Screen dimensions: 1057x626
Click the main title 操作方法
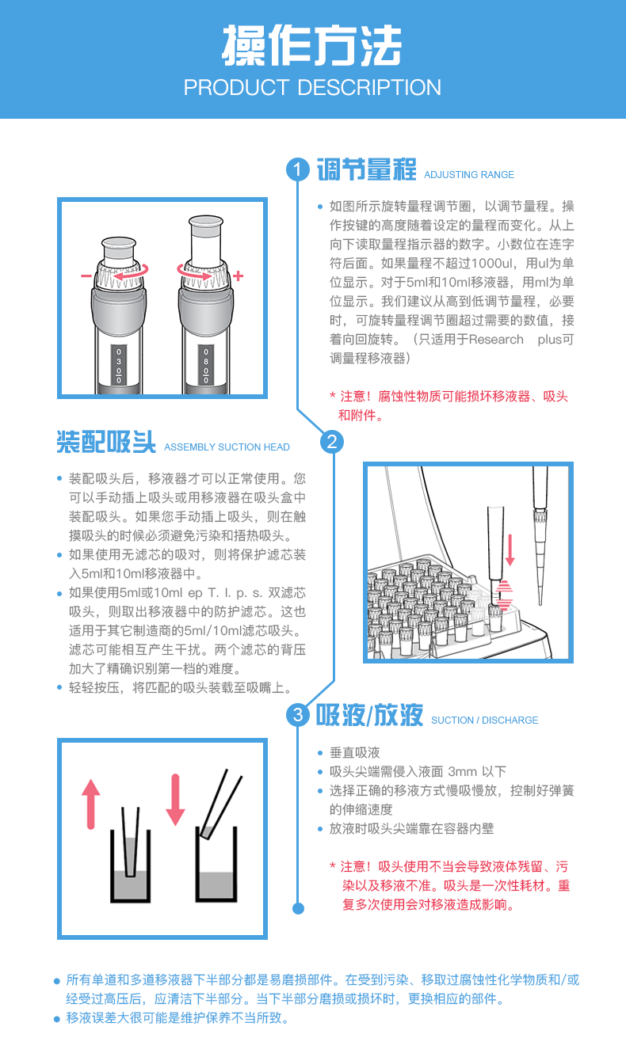(x=312, y=45)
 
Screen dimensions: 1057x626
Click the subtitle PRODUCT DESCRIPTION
(x=312, y=87)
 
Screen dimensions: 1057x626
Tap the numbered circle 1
(x=297, y=170)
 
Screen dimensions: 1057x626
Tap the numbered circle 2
(x=331, y=442)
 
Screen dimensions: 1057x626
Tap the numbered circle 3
(x=297, y=716)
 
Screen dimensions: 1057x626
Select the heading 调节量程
(x=366, y=170)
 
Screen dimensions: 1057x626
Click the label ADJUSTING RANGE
(x=469, y=175)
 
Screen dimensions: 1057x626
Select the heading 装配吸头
(x=106, y=442)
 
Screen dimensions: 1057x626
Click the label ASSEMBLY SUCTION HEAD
(x=227, y=447)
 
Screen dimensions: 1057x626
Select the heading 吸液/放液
(x=369, y=716)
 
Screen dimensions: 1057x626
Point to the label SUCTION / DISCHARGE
(x=484, y=721)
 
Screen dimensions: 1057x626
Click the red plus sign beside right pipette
(x=238, y=276)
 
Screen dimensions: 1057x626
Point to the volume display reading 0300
(x=119, y=364)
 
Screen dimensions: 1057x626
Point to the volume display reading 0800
(x=206, y=364)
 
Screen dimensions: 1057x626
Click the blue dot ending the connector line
(x=298, y=908)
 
